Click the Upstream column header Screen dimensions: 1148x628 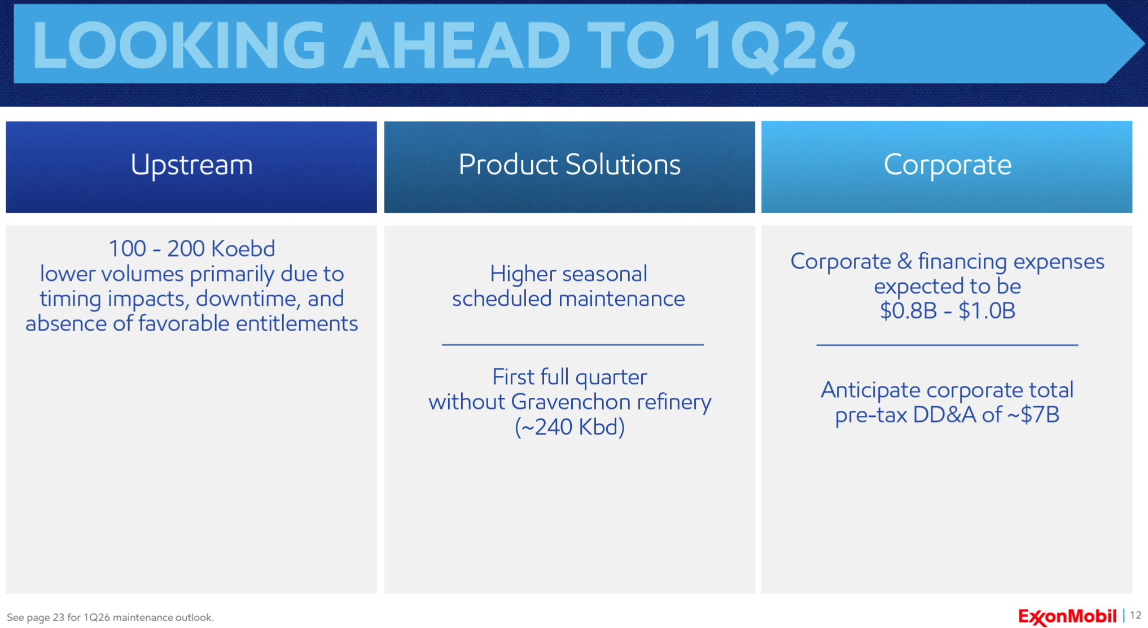coord(191,165)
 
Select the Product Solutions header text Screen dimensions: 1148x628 coord(569,165)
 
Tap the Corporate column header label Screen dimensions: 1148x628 coord(947,165)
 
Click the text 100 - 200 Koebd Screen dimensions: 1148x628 coord(191,248)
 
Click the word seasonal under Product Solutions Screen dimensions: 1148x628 coord(606,274)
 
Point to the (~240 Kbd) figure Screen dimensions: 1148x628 coord(569,427)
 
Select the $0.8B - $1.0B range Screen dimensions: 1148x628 coord(948,311)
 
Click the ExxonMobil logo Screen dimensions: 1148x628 coord(1067,616)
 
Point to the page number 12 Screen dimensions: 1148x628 coord(1136,616)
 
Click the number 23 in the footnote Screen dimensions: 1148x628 coord(59,617)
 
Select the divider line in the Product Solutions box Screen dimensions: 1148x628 coord(573,344)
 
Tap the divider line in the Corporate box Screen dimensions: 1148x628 coord(947,344)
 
